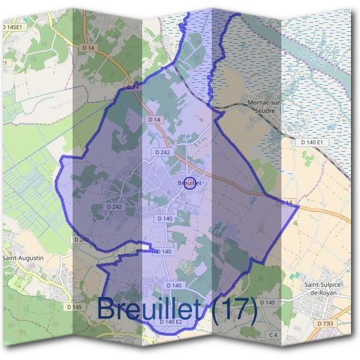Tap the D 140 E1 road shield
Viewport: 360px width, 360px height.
(312, 142)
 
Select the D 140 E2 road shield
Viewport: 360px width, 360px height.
(170, 322)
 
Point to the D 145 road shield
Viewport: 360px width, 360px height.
(74, 307)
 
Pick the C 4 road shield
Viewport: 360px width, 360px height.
(273, 334)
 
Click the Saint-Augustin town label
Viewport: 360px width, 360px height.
(24, 258)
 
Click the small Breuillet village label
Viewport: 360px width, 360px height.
(188, 182)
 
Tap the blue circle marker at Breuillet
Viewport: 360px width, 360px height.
(190, 183)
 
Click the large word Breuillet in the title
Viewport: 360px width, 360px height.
(151, 308)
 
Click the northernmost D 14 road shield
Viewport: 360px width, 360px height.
(88, 47)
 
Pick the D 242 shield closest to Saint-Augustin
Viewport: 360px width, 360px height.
(82, 239)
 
